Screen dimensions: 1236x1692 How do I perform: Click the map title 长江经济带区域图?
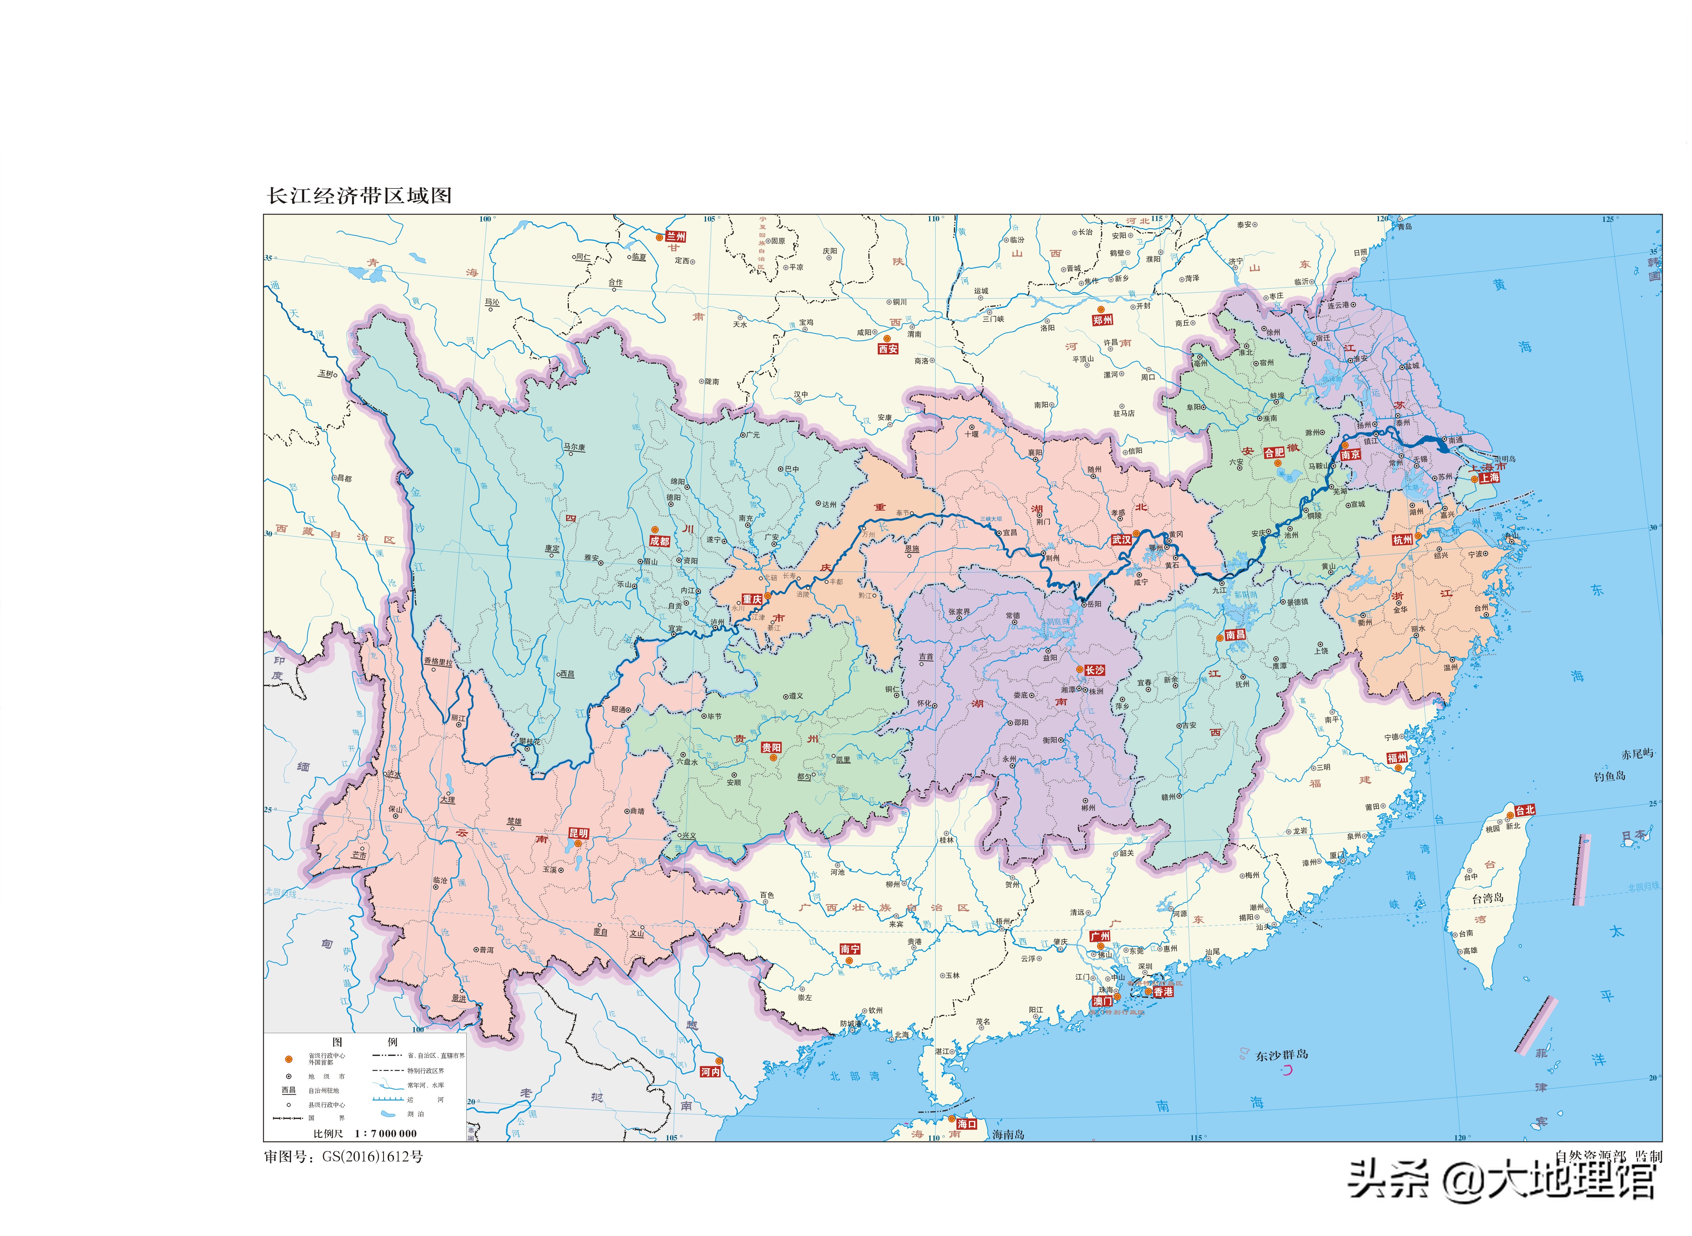[x=360, y=196]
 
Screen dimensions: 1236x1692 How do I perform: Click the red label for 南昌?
[x=1236, y=635]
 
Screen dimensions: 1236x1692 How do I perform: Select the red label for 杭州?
[x=1402, y=539]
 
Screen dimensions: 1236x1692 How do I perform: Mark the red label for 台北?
[x=1524, y=810]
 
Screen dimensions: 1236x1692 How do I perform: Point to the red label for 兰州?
[x=676, y=237]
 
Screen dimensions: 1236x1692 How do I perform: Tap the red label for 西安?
[x=888, y=349]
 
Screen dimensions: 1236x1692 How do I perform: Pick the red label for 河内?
[x=710, y=1072]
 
